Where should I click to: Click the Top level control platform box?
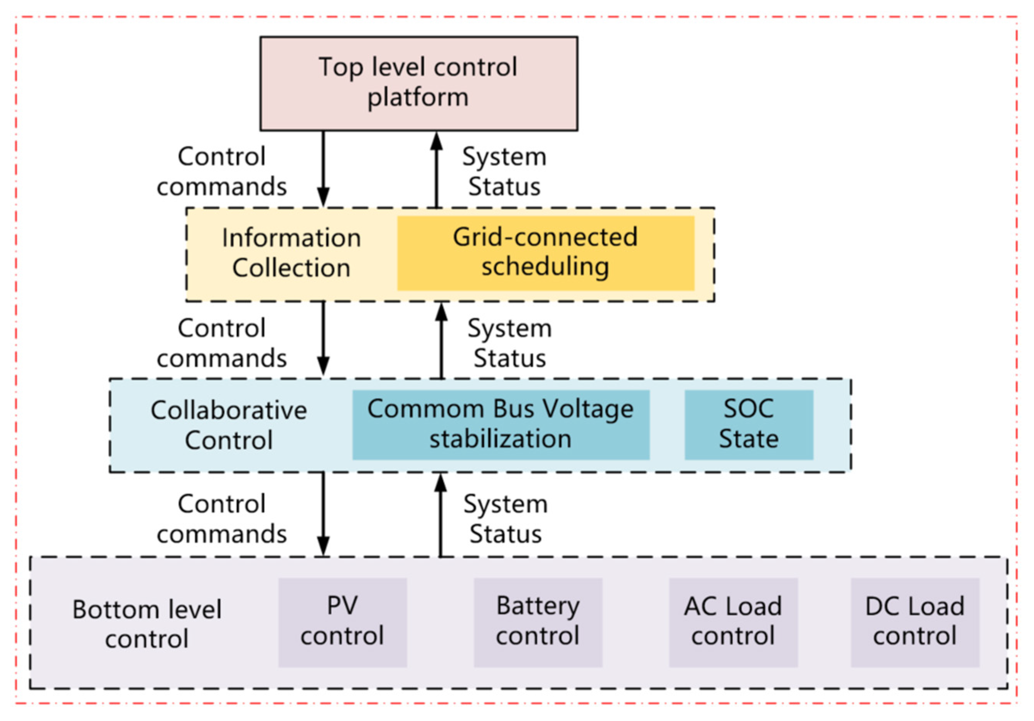click(x=418, y=84)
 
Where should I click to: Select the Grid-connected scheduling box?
click(x=545, y=253)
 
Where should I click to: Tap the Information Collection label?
click(x=291, y=253)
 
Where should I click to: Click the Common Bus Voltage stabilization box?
click(x=500, y=424)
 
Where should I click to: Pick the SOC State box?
click(x=749, y=424)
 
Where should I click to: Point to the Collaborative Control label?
click(x=229, y=425)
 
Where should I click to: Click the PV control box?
click(x=342, y=622)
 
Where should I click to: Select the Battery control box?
click(x=538, y=622)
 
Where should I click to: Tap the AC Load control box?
click(x=733, y=622)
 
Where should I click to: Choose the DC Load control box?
click(x=915, y=622)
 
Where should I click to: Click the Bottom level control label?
click(x=147, y=624)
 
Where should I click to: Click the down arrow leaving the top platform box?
click(x=323, y=169)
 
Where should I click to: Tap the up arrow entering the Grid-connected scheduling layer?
click(x=441, y=340)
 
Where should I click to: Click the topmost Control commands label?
click(x=221, y=171)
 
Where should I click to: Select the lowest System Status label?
click(x=506, y=519)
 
